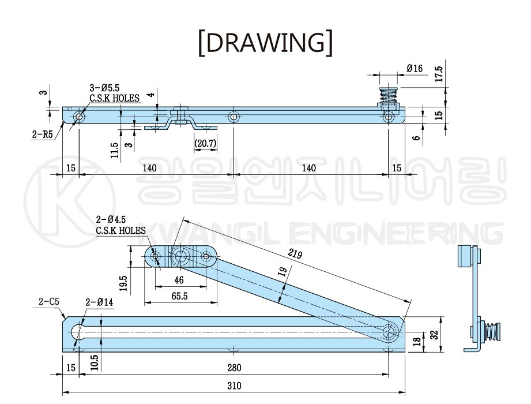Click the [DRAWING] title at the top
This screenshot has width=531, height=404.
[x=265, y=43]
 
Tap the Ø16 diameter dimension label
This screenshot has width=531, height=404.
[x=415, y=68]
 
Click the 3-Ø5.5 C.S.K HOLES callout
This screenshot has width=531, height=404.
[x=114, y=93]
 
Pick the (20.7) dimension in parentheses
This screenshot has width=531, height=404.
[x=205, y=143]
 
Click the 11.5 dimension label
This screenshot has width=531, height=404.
[x=115, y=149]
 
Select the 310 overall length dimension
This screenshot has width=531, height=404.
[x=234, y=385]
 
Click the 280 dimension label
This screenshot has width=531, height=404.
[x=234, y=368]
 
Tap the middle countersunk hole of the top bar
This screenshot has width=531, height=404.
[x=234, y=117]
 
